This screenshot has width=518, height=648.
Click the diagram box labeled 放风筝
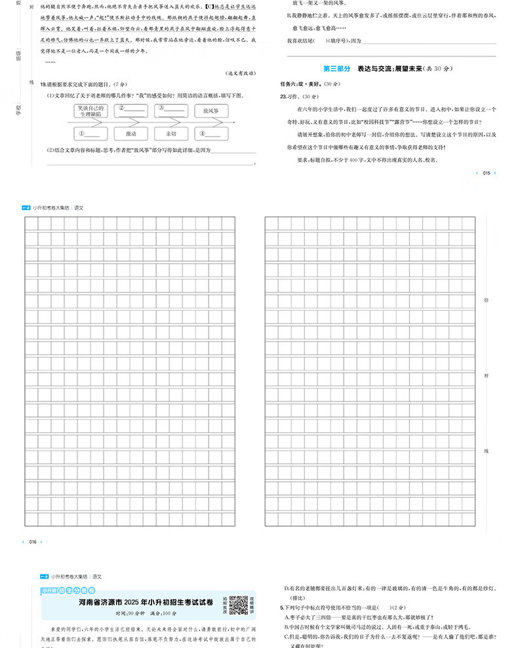click(x=210, y=111)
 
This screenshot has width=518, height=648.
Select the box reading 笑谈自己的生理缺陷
click(x=89, y=110)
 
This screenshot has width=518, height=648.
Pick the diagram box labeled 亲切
click(x=171, y=134)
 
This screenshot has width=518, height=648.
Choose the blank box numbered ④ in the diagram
click(x=210, y=134)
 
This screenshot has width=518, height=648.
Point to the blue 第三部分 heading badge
click(x=338, y=68)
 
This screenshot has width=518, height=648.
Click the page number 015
click(x=486, y=173)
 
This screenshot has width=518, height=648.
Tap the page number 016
click(x=33, y=542)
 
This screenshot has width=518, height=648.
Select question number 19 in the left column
click(x=43, y=85)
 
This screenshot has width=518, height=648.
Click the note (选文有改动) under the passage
click(x=240, y=72)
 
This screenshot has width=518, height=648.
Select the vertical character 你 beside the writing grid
click(x=486, y=300)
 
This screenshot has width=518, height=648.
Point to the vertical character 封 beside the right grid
click(x=486, y=376)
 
